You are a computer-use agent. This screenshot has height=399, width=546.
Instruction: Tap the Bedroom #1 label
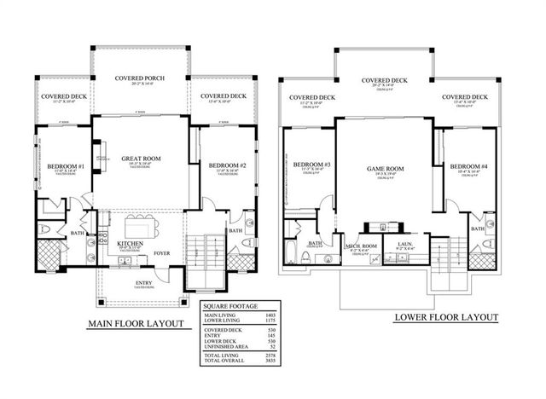(x=65, y=165)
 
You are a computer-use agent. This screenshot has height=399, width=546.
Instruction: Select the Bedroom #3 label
(x=311, y=165)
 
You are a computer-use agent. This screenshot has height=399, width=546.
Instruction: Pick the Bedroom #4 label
(x=468, y=165)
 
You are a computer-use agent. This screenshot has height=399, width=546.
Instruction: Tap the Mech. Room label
(x=361, y=248)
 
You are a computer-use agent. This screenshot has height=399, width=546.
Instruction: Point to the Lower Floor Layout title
(x=445, y=317)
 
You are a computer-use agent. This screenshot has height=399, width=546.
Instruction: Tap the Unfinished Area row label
(x=222, y=346)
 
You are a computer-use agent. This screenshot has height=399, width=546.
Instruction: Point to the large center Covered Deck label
(x=383, y=80)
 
